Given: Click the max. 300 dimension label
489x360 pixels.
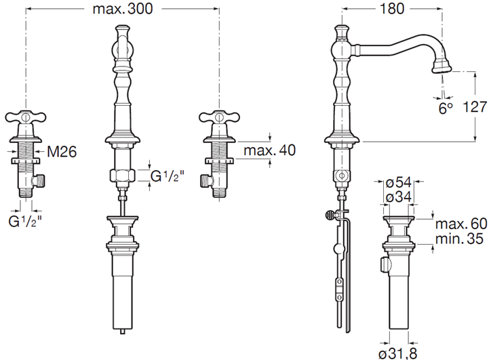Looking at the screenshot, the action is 123,9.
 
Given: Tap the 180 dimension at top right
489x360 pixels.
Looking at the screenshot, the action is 392,9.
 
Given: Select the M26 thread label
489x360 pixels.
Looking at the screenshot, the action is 62,152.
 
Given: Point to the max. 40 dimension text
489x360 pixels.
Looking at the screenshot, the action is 270,151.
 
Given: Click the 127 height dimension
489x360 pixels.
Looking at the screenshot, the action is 474,107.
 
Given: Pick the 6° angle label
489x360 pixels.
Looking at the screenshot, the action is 446,108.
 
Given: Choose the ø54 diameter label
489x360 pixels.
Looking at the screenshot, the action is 399,183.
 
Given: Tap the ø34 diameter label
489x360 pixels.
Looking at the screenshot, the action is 399,197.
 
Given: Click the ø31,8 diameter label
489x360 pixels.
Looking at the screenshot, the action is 398,353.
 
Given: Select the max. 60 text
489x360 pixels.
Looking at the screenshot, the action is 461,224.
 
